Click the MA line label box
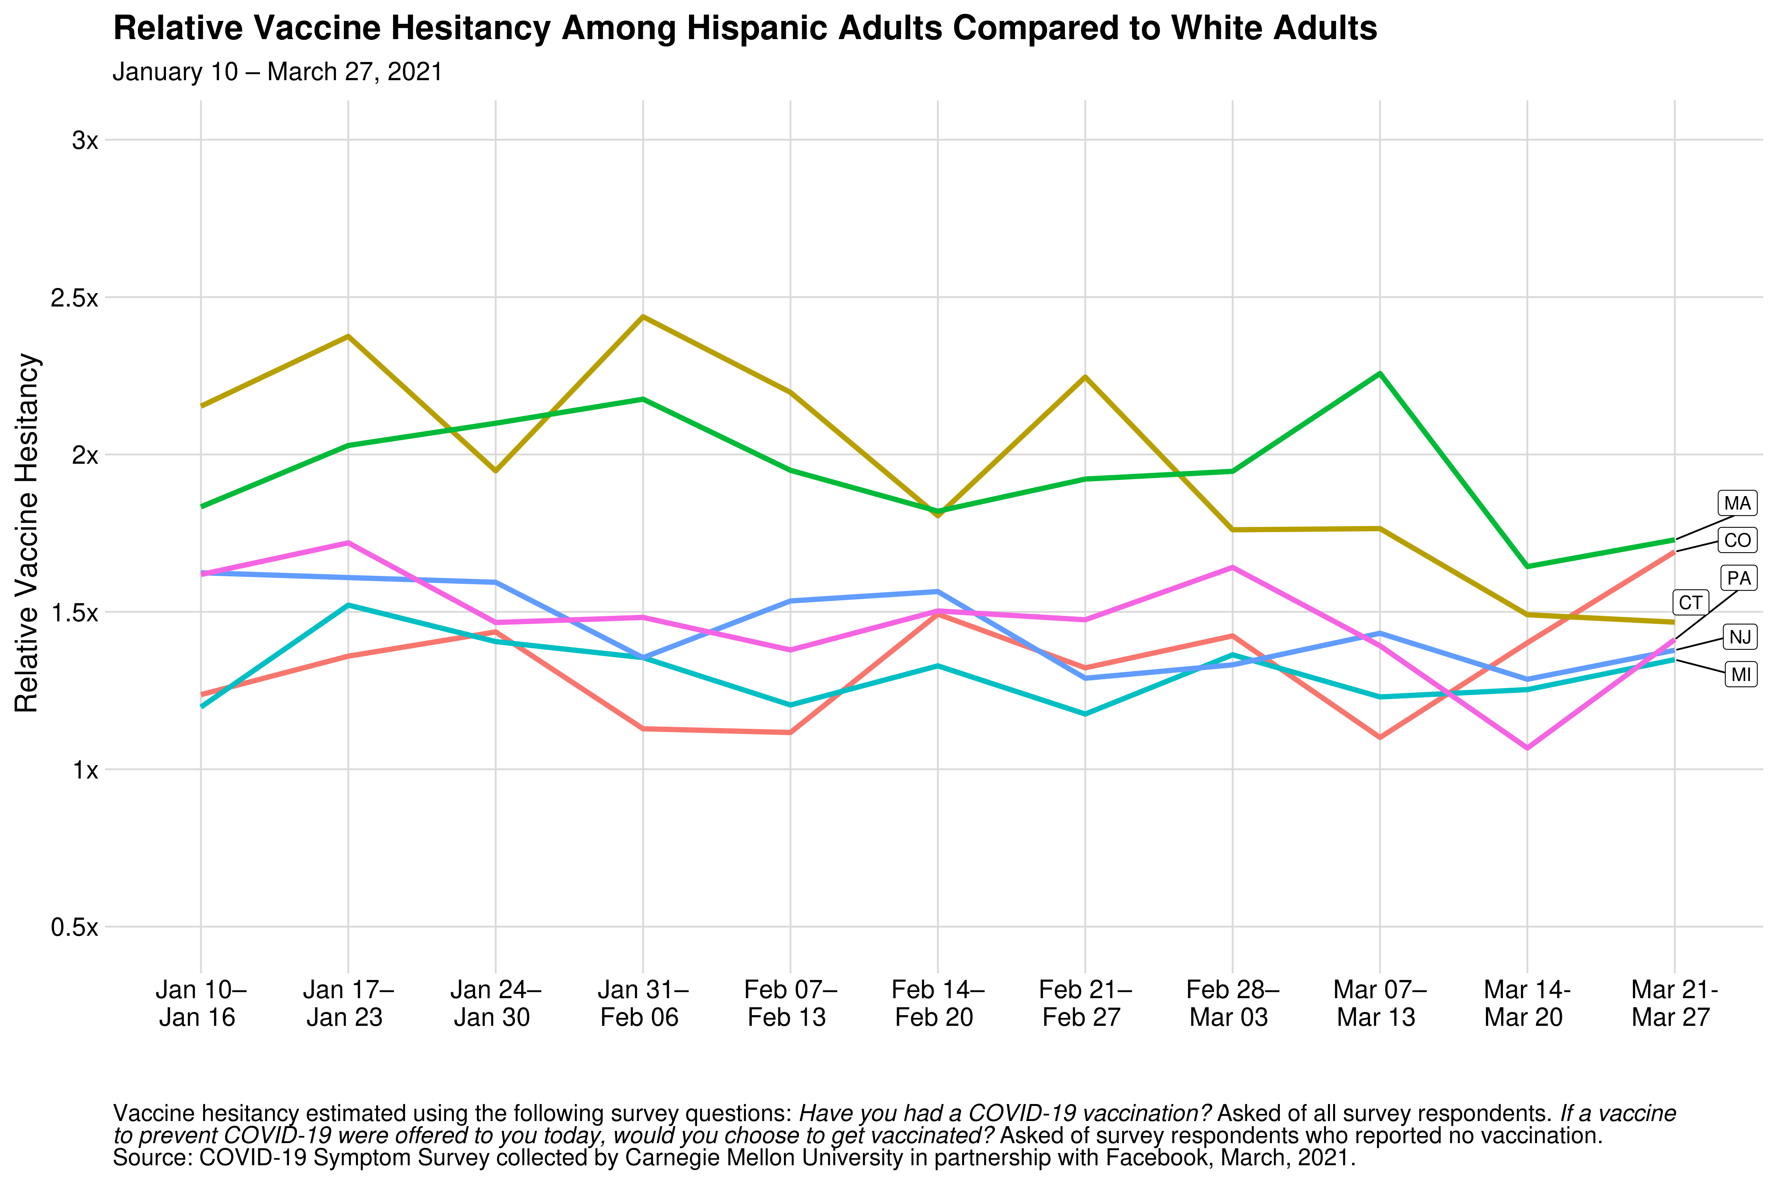1737,503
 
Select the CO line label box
1737,540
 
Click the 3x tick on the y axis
85,141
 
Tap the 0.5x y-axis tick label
74,927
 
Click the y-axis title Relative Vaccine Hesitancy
27,534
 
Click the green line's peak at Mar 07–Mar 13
1380,373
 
